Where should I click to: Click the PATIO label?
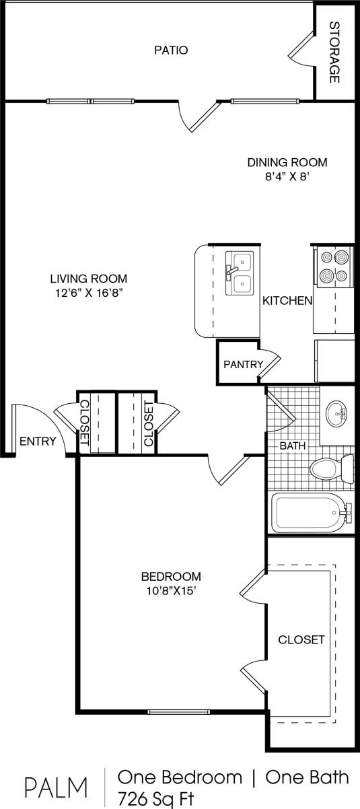pos(170,50)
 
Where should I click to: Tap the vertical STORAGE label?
pos(334,52)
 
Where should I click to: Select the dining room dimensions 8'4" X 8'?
pos(287,178)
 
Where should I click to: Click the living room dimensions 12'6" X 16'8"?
pos(88,293)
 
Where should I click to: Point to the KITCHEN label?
pos(287,301)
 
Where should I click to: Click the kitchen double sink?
pos(239,273)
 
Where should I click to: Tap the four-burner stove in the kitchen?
pos(334,266)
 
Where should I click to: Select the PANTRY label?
pos(242,364)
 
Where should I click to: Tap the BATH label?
pos(293,446)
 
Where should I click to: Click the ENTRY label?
pos(37,442)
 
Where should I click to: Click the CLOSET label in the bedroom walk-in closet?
pos(301,639)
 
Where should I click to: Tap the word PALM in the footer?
pos(57,787)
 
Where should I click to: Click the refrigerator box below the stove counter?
pos(334,361)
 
